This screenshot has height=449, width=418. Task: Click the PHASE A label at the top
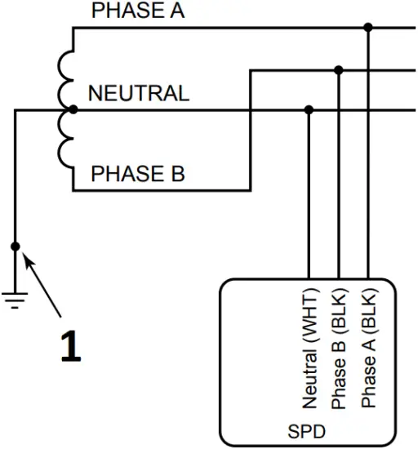pyautogui.click(x=137, y=11)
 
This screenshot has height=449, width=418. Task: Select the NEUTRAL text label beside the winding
pyautogui.click(x=138, y=93)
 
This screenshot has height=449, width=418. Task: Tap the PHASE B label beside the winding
pyautogui.click(x=137, y=174)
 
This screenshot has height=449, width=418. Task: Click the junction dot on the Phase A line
pyautogui.click(x=368, y=28)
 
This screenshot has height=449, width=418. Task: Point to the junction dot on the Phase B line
pyautogui.click(x=339, y=70)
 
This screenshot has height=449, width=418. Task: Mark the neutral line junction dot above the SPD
pyautogui.click(x=309, y=109)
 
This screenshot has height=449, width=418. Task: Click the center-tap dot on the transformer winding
pyautogui.click(x=73, y=109)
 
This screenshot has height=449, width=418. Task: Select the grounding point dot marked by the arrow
pyautogui.click(x=15, y=246)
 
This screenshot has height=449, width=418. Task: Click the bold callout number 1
pyautogui.click(x=71, y=346)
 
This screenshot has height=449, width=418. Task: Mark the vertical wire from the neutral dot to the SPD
pyautogui.click(x=309, y=196)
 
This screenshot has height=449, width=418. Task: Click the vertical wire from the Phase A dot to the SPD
pyautogui.click(x=368, y=163)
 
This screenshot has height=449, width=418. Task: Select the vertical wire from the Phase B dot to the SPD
pyautogui.click(x=339, y=180)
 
